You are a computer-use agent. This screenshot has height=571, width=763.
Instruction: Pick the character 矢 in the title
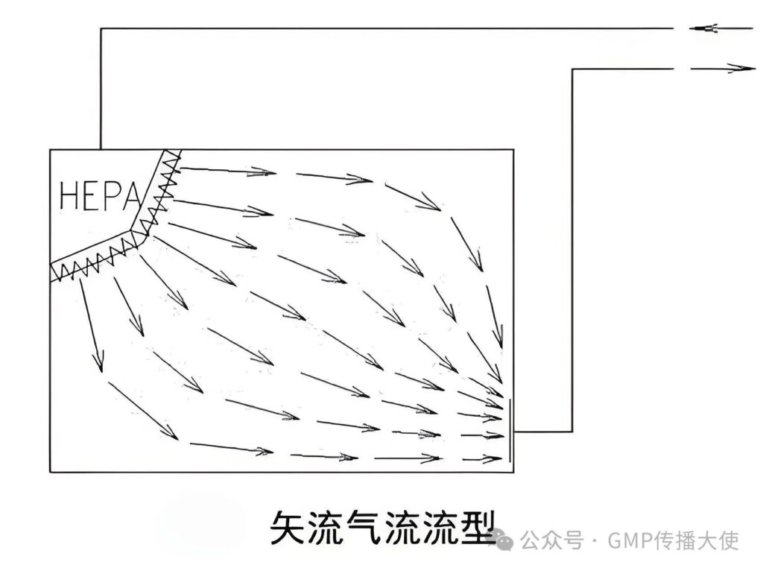point(286,528)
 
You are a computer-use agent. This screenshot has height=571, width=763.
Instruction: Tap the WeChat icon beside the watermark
point(506,538)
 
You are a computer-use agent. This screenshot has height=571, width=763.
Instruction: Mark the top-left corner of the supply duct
point(101,29)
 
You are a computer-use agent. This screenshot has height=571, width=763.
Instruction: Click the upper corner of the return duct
point(572,69)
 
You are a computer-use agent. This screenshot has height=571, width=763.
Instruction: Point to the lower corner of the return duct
point(572,432)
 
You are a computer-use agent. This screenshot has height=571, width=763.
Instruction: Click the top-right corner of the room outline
point(513,150)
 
